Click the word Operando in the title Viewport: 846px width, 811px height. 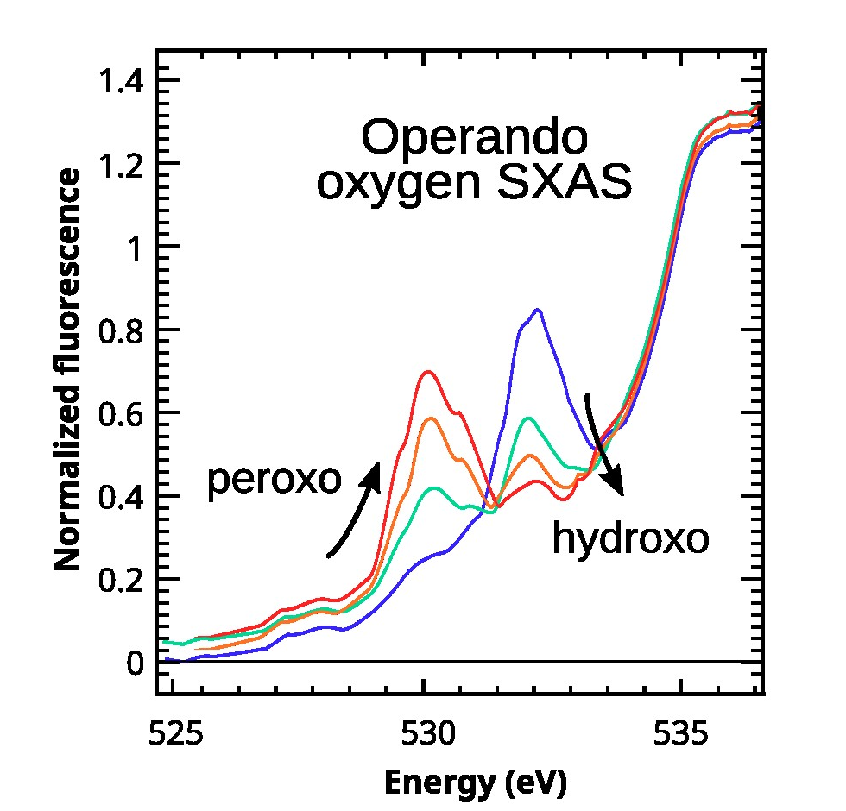[474, 139]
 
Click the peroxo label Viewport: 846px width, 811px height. [275, 481]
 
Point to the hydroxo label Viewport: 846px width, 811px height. [630, 538]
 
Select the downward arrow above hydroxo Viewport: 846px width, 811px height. [604, 444]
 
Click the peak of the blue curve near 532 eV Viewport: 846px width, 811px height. [538, 310]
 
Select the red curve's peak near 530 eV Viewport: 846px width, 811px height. [427, 372]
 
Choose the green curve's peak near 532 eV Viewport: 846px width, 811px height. [527, 418]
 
